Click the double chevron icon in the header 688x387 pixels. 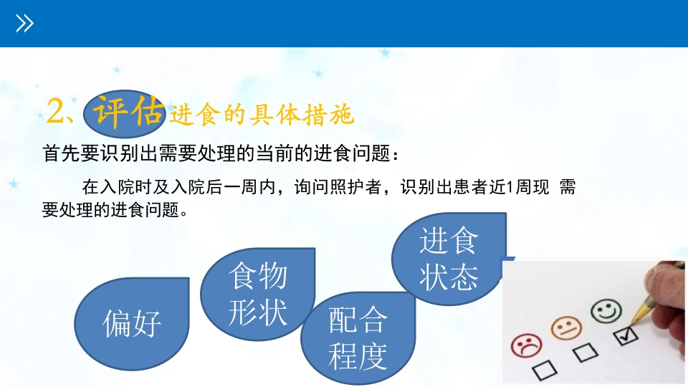25,24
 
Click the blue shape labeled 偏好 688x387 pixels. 133,322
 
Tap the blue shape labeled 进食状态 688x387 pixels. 448,259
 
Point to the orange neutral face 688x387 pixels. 566,328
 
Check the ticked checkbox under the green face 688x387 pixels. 622,335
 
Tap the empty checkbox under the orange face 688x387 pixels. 584,351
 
